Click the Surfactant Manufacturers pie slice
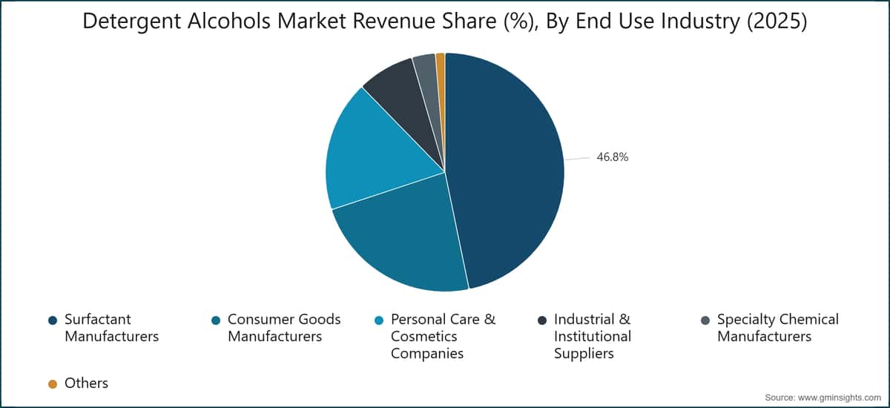(x=504, y=171)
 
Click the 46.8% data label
(x=613, y=157)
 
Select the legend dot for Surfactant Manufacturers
(x=53, y=320)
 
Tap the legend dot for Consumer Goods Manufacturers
(x=216, y=320)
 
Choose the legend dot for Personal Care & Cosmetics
(x=379, y=320)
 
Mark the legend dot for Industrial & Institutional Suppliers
(x=542, y=320)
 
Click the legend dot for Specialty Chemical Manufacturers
(x=705, y=320)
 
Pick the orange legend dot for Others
(x=53, y=384)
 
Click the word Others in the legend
(x=86, y=384)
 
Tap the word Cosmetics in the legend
(x=424, y=337)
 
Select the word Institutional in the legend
(x=593, y=337)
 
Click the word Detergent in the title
(x=132, y=22)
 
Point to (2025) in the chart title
(x=777, y=21)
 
